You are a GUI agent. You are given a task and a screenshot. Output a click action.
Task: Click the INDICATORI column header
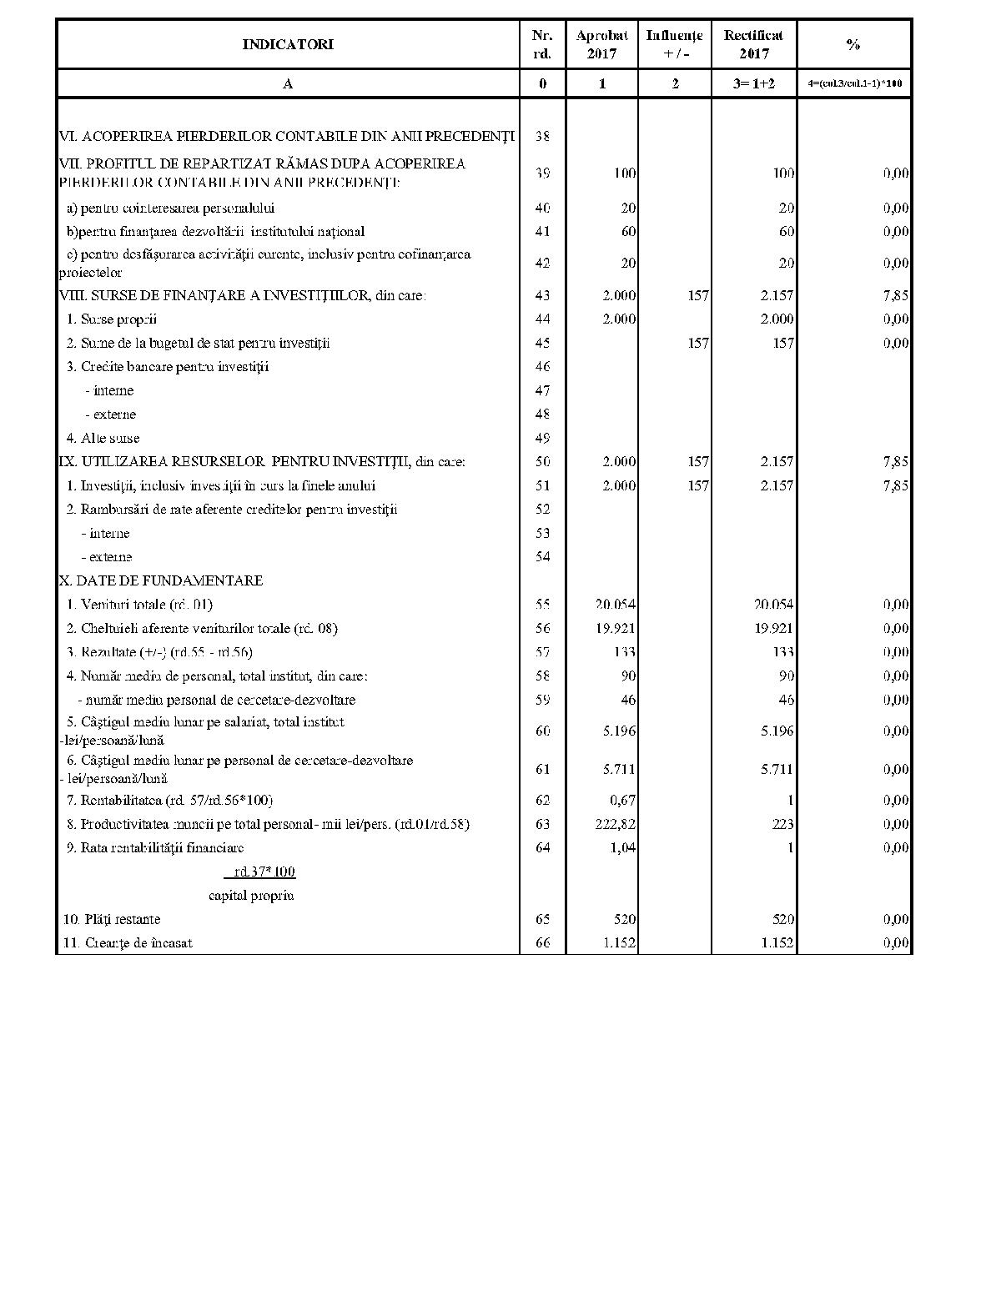pyautogui.click(x=288, y=44)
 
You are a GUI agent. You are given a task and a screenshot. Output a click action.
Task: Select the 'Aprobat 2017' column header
pyautogui.click(x=601, y=44)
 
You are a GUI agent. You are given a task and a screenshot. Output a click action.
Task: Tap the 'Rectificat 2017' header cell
pyautogui.click(x=753, y=44)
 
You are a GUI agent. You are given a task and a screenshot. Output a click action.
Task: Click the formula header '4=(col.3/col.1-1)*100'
pyautogui.click(x=854, y=83)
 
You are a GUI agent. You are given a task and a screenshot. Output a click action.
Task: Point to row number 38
pyautogui.click(x=542, y=137)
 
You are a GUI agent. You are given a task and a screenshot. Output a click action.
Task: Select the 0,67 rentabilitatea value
pyautogui.click(x=622, y=800)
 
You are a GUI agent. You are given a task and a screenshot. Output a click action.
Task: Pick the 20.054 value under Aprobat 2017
pyautogui.click(x=616, y=605)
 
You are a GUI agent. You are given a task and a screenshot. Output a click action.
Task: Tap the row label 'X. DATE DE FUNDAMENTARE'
pyautogui.click(x=161, y=580)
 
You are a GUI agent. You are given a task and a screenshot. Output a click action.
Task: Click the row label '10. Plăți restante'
pyautogui.click(x=112, y=919)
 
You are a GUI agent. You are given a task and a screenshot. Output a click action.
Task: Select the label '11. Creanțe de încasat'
pyautogui.click(x=128, y=943)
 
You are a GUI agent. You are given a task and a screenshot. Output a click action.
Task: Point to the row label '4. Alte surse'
pyautogui.click(x=103, y=438)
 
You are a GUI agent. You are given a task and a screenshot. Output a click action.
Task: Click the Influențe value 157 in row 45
pyautogui.click(x=698, y=343)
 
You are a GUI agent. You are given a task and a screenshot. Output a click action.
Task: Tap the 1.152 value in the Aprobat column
pyautogui.click(x=620, y=943)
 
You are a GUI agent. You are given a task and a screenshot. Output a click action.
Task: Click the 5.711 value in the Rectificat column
pyautogui.click(x=777, y=769)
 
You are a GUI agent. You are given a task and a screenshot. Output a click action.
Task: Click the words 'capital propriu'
pyautogui.click(x=251, y=896)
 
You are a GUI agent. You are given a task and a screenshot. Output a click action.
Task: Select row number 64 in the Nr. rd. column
pyautogui.click(x=542, y=847)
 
